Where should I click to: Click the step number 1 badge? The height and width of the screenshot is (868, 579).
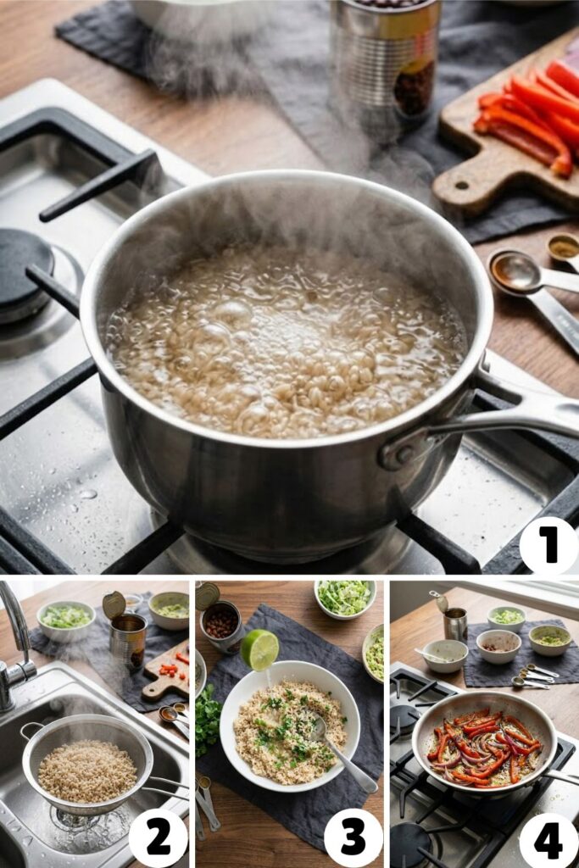(548, 545)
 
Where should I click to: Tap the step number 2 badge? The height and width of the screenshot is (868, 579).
(158, 838)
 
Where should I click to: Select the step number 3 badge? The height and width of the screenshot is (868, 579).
(354, 838)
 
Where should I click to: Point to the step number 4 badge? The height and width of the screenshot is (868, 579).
(548, 838)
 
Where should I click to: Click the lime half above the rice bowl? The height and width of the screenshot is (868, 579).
(259, 649)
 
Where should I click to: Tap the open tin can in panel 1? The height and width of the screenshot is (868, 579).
(385, 58)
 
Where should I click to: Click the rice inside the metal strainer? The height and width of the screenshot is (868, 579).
(87, 771)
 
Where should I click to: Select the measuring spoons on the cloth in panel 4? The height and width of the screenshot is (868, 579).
(535, 676)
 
